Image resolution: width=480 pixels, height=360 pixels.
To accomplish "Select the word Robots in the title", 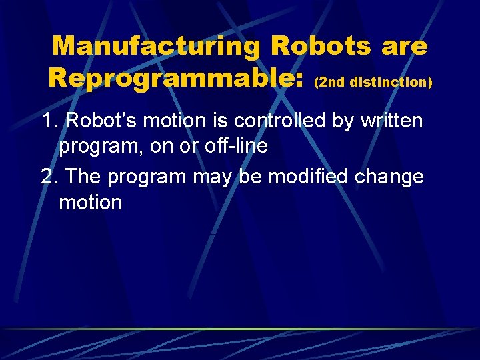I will coord(320,45).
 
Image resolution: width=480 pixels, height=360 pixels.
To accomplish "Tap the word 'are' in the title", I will coord(405,47).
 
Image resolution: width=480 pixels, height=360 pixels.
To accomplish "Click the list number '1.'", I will coord(50,121).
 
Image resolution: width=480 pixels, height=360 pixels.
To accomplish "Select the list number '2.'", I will coord(50,177).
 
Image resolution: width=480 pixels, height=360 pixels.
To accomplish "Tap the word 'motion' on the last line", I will coord(91,203).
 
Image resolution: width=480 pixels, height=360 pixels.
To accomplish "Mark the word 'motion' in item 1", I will coord(177,121).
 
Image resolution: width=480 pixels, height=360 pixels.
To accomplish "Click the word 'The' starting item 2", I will coord(83,177).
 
